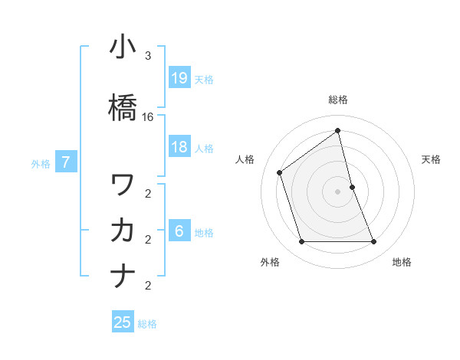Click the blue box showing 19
[179, 77]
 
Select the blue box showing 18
[179, 147]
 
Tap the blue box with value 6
[179, 231]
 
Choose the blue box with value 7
[67, 162]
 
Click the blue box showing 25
[123, 322]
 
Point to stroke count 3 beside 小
[148, 56]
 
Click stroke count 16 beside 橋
[148, 117]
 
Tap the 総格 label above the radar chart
[338, 100]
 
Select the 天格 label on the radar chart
[431, 159]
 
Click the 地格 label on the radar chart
[402, 262]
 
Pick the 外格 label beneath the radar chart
[270, 262]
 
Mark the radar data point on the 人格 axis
[280, 172]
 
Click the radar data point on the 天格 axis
[352, 187]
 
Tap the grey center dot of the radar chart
[338, 191]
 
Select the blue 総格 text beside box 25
[147, 323]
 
